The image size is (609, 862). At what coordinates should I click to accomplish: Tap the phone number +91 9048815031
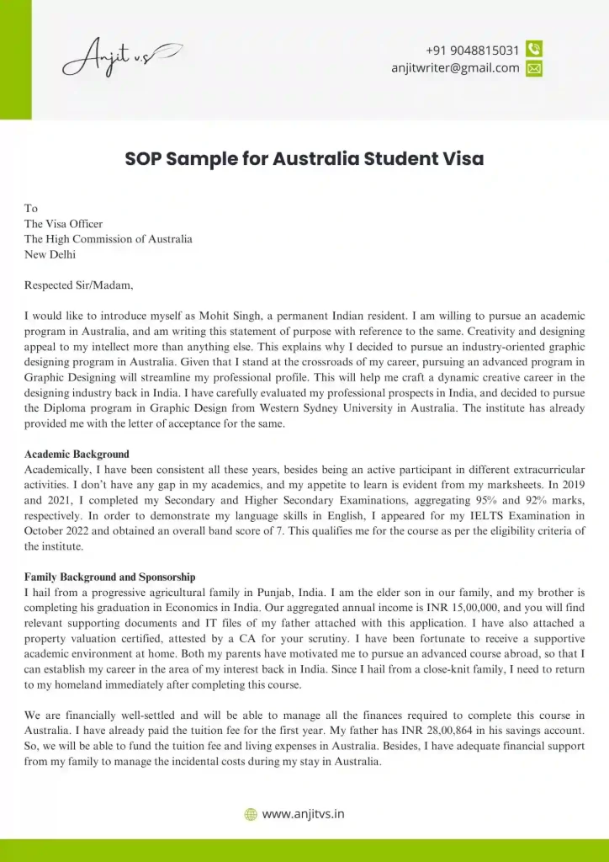coord(473,51)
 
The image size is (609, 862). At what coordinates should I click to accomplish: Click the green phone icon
coord(534,50)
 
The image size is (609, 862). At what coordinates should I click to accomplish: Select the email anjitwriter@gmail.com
coord(456,68)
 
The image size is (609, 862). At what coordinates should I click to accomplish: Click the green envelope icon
coord(534,69)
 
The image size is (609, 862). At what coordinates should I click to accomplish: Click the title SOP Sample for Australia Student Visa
coord(304,158)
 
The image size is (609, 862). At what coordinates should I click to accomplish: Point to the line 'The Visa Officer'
coord(63,224)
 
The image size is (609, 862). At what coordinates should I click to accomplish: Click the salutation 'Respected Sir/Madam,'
coord(78,285)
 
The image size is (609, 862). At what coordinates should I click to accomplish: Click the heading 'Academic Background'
coord(77,455)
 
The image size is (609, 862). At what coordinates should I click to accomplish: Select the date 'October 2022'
coord(59,530)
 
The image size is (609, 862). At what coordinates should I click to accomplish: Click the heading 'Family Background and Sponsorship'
coord(109,577)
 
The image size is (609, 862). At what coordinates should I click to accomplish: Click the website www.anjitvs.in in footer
coord(303,814)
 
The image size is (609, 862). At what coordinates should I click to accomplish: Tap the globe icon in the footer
coord(250,814)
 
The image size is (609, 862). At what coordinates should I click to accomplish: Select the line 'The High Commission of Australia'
coord(108,239)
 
